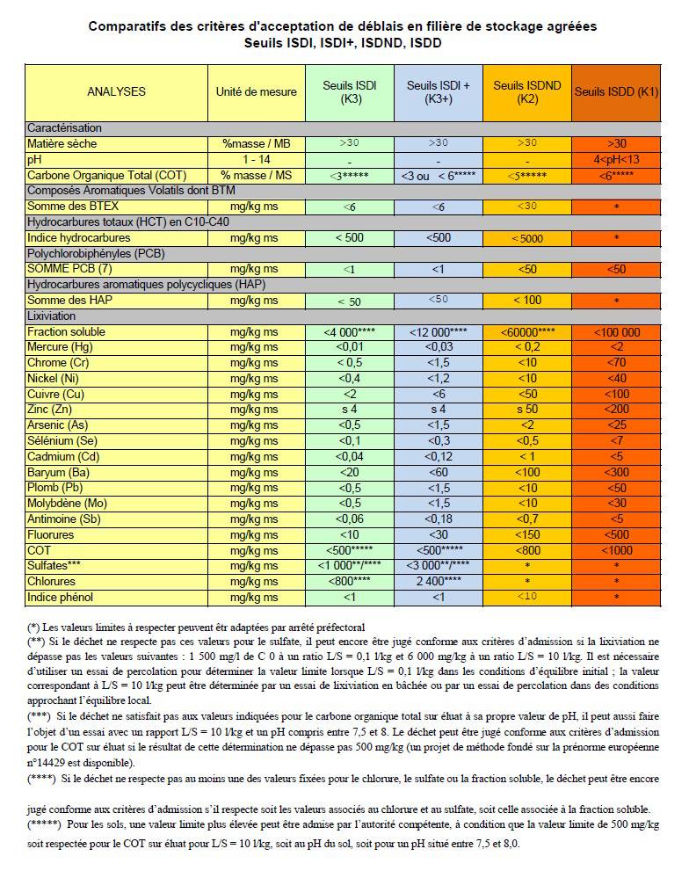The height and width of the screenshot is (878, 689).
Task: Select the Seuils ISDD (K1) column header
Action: pos(616,91)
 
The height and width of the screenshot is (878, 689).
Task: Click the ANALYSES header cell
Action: pos(116,91)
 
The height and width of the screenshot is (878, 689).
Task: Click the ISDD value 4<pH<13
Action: pos(616,159)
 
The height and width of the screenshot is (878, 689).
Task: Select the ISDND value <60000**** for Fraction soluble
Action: pos(527,331)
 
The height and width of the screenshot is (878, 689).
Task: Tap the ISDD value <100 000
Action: pos(616,331)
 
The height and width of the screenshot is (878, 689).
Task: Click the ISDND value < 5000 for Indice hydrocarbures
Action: pos(527,238)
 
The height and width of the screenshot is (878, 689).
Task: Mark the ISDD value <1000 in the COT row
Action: pos(616,550)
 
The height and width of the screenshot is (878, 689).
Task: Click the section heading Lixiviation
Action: pos(52,316)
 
